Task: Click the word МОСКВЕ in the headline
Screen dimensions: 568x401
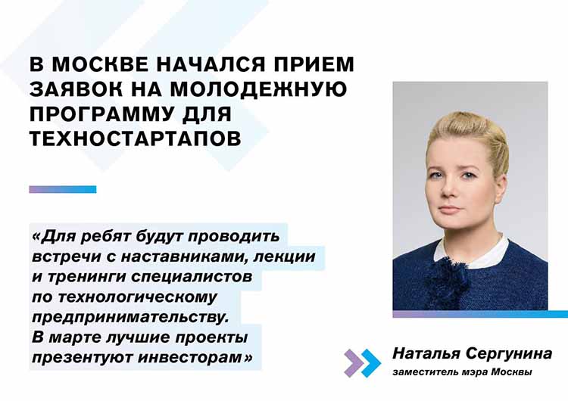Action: [x=100, y=64]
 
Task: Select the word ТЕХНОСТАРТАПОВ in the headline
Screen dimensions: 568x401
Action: [x=135, y=138]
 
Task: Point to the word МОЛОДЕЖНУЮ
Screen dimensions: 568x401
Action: [x=258, y=89]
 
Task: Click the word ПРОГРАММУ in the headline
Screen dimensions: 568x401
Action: [x=101, y=113]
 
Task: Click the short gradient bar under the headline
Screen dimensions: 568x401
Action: [x=63, y=189]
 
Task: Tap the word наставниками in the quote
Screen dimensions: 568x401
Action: [x=184, y=256]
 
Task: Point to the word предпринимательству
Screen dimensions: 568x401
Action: [x=131, y=318]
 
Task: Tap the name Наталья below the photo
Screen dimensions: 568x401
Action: [x=426, y=353]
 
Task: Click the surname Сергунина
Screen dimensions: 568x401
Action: [x=509, y=353]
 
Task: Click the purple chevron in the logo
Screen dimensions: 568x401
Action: [x=352, y=363]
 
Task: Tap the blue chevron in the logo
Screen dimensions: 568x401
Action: [x=371, y=363]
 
